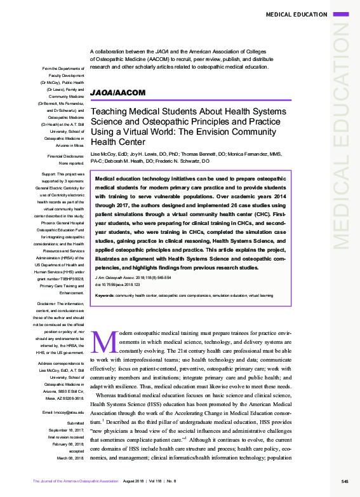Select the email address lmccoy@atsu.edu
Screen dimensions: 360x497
pos(63,413)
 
